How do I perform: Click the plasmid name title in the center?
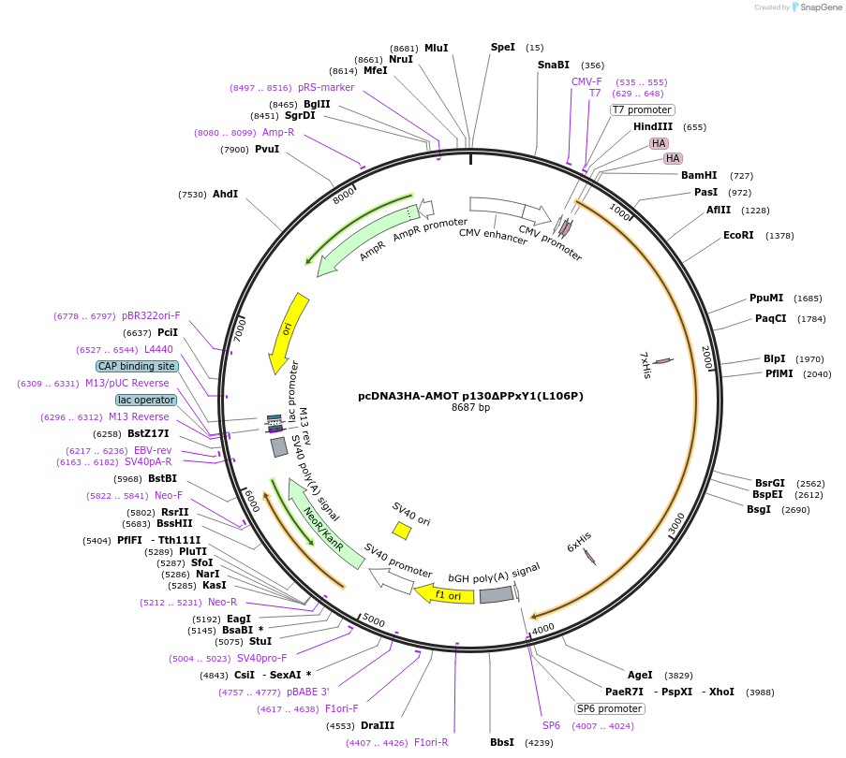tap(470, 395)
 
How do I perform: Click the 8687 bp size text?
tap(470, 407)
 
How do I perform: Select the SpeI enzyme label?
tap(503, 47)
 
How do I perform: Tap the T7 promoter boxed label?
tap(642, 109)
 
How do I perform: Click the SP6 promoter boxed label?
tap(610, 708)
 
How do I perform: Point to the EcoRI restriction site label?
tap(738, 236)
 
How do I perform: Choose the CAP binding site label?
tap(136, 366)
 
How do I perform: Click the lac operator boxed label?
tap(146, 400)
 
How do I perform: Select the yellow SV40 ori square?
tap(401, 531)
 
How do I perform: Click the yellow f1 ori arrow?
tap(445, 593)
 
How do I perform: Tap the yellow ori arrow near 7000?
tap(288, 331)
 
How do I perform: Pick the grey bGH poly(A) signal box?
tap(497, 594)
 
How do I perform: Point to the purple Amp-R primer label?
tap(278, 133)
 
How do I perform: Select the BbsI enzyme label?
tap(502, 742)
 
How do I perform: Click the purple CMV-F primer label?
tap(586, 81)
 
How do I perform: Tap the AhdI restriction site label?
tap(226, 194)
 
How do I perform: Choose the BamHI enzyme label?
tap(699, 175)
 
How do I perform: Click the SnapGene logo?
tap(817, 7)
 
